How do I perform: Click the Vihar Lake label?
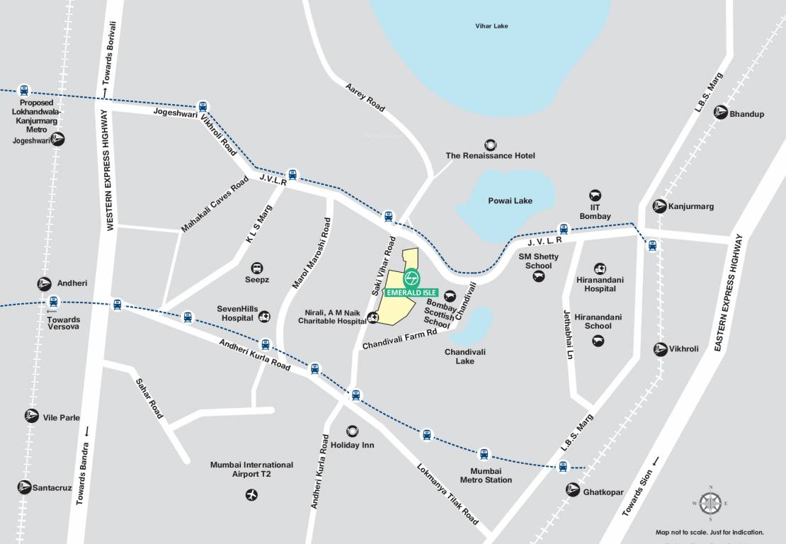pos(491,26)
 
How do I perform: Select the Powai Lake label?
pos(510,200)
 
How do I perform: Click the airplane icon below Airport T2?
pos(251,494)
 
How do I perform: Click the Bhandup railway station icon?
pos(720,113)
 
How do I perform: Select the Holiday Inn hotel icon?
pos(352,431)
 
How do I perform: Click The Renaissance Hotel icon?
pos(489,144)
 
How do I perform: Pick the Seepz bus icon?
pos(257,268)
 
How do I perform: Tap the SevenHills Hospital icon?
pos(265,317)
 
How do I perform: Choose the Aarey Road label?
pos(365,97)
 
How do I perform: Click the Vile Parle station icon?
pos(31,416)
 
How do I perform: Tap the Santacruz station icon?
pos(25,487)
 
